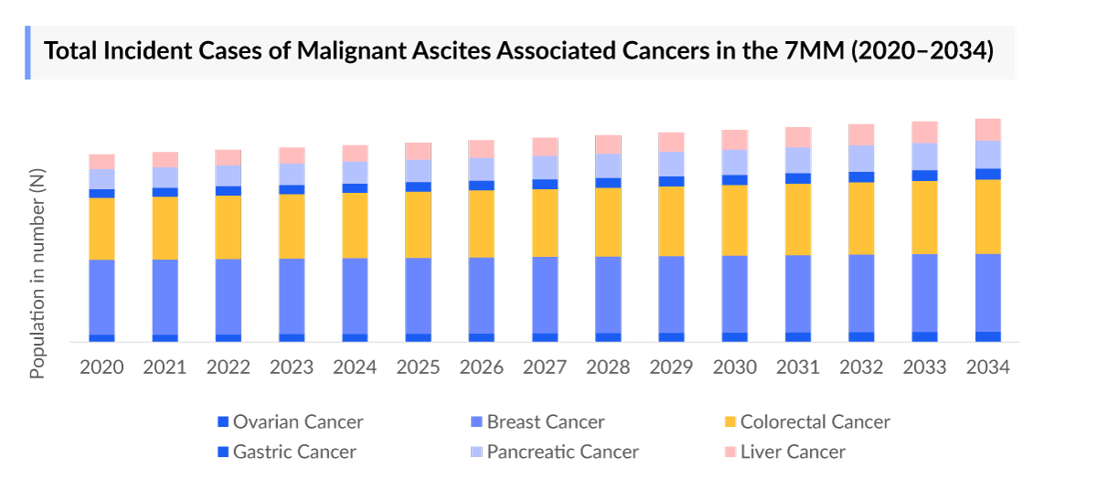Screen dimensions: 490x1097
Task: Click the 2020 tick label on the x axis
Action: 101,367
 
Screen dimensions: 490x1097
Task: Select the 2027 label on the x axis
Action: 545,367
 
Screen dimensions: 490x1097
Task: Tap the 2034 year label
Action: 987,367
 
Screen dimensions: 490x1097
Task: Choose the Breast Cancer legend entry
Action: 545,422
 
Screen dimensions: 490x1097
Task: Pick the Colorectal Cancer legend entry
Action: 815,422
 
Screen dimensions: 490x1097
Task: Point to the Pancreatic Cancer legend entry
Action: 562,452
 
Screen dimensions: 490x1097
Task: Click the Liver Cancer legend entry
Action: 793,452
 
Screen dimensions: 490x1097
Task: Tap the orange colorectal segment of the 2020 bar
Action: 101,229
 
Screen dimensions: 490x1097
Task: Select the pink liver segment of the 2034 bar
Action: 987,129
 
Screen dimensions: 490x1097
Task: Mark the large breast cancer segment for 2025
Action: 418,295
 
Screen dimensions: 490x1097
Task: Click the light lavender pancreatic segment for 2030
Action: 734,162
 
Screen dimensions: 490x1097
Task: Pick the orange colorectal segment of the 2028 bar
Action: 608,222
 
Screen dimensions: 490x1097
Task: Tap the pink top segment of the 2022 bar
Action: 228,157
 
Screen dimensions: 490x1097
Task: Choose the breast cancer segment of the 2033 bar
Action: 924,293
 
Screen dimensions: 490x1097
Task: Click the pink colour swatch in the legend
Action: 730,452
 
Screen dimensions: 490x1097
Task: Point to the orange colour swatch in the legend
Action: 730,422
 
